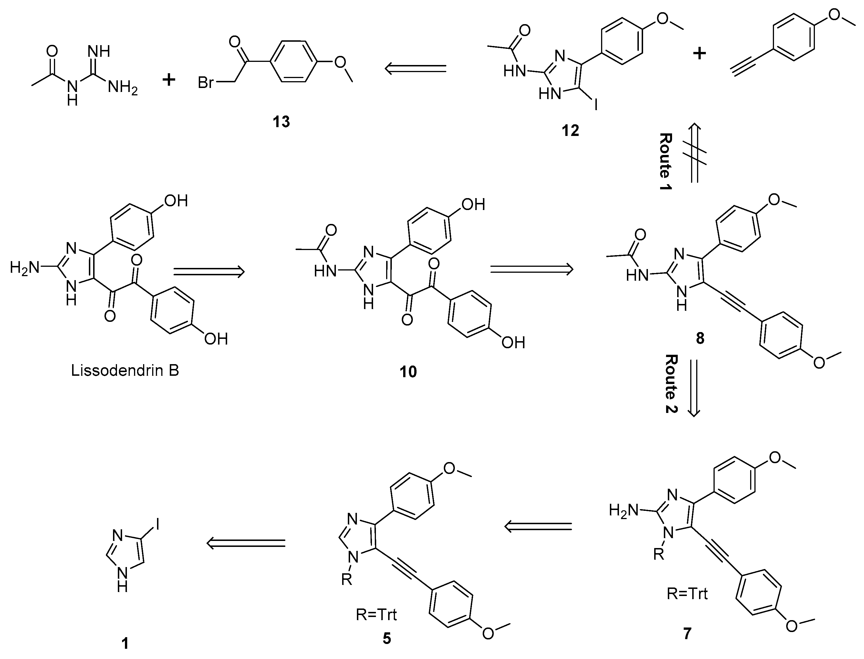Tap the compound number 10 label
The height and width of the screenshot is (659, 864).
[x=408, y=372]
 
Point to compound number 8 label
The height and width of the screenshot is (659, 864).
[x=700, y=338]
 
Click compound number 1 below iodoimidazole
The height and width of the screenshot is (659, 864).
[x=125, y=644]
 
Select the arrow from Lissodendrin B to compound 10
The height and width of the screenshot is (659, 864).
[x=209, y=271]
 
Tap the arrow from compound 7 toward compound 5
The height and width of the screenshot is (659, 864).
[x=537, y=526]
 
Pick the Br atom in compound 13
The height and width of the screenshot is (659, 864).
[x=206, y=83]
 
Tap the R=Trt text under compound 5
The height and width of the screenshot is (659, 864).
[x=376, y=615]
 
